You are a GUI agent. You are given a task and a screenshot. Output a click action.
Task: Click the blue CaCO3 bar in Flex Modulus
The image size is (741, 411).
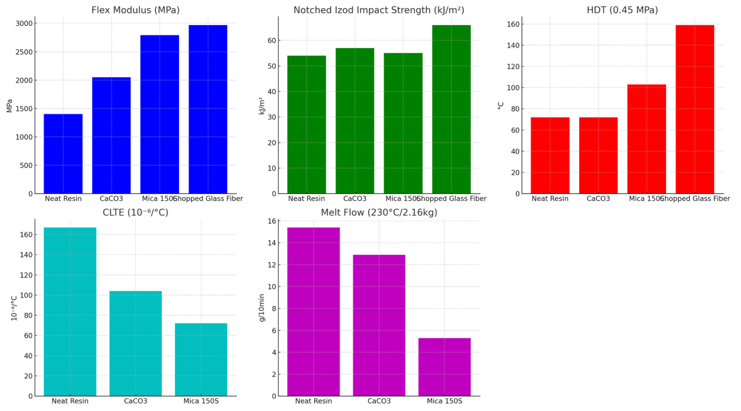click(x=111, y=135)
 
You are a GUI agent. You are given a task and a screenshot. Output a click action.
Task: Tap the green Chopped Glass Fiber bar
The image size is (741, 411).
click(x=451, y=109)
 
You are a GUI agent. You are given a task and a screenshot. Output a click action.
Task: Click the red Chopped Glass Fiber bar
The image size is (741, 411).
click(x=695, y=109)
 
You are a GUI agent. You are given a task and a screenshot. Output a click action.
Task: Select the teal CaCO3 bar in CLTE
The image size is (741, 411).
click(x=135, y=343)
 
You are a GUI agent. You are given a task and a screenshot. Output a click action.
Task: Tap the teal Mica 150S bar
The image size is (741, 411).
click(x=201, y=359)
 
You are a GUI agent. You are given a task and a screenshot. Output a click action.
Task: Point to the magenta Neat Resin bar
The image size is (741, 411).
click(x=313, y=311)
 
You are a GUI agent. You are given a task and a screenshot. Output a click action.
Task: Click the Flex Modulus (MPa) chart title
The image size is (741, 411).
click(x=135, y=10)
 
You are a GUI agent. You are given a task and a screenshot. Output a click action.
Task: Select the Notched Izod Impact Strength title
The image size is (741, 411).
click(x=379, y=10)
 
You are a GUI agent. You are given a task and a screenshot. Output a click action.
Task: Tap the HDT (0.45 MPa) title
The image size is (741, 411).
click(x=622, y=10)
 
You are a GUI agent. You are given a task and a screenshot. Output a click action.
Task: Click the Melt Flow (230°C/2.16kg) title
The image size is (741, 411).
click(x=379, y=213)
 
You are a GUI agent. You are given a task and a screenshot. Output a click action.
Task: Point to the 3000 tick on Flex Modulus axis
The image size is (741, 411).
click(x=24, y=23)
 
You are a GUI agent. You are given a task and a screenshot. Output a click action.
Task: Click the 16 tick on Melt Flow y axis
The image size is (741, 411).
click(x=272, y=221)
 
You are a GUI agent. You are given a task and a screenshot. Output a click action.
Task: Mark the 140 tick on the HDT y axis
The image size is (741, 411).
click(x=513, y=45)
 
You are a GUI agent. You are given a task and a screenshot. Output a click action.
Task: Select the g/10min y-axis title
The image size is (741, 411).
click(x=262, y=308)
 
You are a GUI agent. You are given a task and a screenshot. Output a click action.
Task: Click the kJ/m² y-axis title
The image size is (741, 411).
click(x=262, y=106)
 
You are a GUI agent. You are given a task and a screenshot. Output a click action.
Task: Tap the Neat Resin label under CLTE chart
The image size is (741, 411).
click(x=70, y=401)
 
